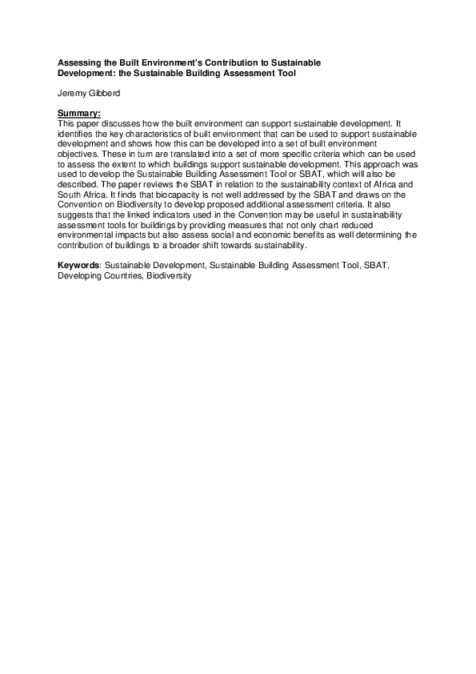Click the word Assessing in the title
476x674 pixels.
point(78,62)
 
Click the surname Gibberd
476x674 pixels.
point(102,94)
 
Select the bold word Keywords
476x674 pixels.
point(78,264)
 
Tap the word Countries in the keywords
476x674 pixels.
point(119,273)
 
